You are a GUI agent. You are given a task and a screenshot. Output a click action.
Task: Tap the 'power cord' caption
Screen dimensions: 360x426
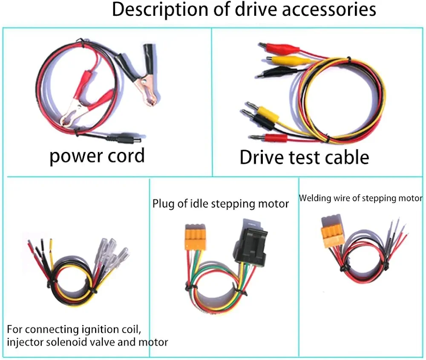[x=97, y=156]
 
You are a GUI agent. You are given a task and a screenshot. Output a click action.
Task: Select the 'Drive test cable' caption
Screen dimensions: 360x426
[x=304, y=157]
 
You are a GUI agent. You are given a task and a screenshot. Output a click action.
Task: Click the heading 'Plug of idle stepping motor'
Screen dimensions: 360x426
[x=221, y=204]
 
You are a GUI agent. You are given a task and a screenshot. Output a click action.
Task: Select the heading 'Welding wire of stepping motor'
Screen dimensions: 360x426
[x=360, y=198]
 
